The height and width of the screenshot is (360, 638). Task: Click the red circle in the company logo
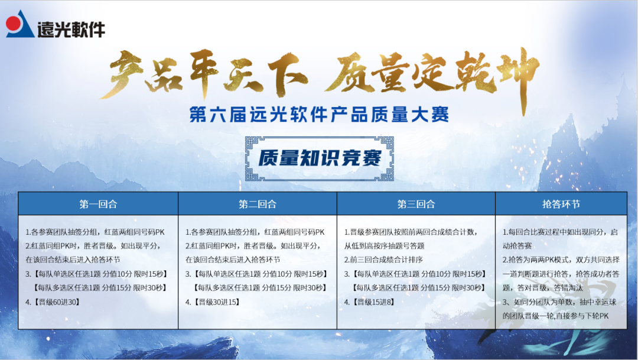click(14, 24)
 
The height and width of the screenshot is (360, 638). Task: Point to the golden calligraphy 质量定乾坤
click(431, 74)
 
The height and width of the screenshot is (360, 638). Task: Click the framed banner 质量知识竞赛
click(319, 157)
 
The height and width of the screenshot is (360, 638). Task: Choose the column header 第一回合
click(98, 204)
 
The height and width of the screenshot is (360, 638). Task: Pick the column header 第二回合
click(258, 204)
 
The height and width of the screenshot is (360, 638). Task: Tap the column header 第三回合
click(416, 204)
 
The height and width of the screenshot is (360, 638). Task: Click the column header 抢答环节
click(561, 204)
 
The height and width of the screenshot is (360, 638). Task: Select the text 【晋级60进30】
click(53, 302)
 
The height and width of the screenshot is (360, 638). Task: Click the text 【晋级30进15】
click(212, 302)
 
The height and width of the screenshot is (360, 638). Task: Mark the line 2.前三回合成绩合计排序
click(386, 260)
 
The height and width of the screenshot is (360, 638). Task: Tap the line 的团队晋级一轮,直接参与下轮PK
click(555, 316)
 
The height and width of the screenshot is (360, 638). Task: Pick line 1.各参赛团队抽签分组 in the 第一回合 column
click(95, 232)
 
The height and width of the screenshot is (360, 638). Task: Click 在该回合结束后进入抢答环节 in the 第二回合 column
click(233, 260)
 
